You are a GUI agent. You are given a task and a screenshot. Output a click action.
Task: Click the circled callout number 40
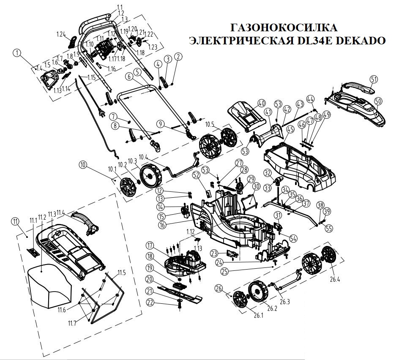261,103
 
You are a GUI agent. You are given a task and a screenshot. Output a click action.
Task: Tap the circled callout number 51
373,79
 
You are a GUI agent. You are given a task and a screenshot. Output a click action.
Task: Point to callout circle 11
16,221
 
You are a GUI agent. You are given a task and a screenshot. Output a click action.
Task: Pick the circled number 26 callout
219,289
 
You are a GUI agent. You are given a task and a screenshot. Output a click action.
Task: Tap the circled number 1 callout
16,53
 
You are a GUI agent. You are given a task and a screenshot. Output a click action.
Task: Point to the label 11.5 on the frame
122,273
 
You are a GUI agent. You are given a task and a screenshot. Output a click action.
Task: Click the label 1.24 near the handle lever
62,33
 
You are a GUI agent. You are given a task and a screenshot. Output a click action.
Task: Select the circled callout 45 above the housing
290,128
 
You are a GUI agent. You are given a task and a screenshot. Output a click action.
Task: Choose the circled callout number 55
329,228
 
